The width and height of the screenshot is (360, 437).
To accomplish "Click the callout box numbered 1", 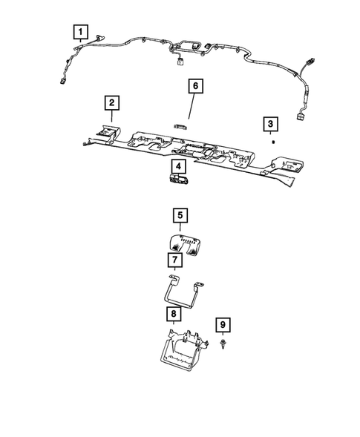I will [x=80, y=33].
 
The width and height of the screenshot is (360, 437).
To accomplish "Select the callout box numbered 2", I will [x=111, y=102].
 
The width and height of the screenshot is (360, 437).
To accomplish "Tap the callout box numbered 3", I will [x=272, y=122].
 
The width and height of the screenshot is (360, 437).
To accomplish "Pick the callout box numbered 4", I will [x=179, y=165].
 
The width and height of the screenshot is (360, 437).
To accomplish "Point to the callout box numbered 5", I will [x=179, y=216].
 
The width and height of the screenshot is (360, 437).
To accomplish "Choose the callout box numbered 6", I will [x=195, y=87].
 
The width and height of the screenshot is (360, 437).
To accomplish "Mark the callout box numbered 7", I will [x=173, y=260].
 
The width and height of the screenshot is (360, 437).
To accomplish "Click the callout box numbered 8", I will [x=173, y=315].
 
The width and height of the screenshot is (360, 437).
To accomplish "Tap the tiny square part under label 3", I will [x=273, y=140].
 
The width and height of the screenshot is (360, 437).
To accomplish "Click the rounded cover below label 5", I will [x=184, y=243].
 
